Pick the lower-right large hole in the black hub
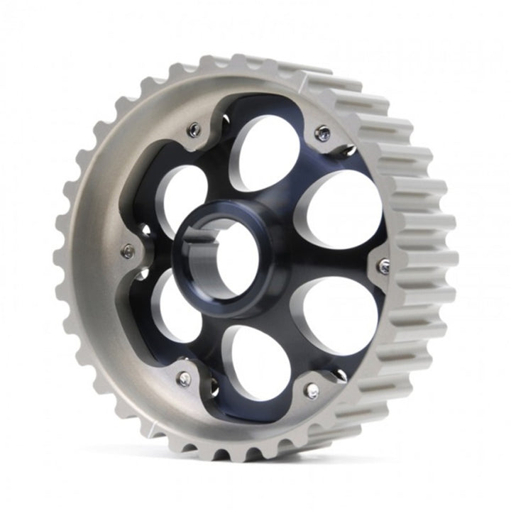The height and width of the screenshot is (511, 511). [x=334, y=316]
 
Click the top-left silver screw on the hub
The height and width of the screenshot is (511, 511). [x=194, y=128]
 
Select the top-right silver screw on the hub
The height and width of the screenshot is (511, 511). [x=323, y=132]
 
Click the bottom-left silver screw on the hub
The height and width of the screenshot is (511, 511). [x=184, y=379]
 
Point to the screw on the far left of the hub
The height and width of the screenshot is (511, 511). [x=128, y=250]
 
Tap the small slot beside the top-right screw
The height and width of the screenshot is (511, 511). [x=348, y=149]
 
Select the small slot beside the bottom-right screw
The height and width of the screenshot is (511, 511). [x=339, y=376]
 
